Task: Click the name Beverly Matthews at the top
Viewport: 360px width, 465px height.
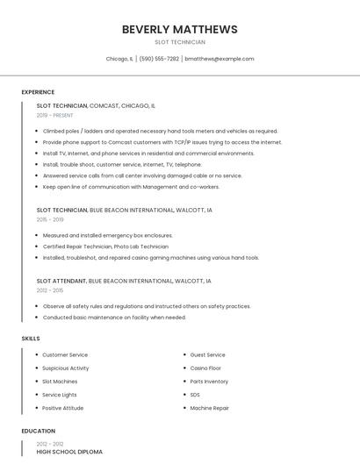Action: click(x=179, y=29)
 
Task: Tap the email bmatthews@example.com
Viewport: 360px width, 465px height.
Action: click(x=220, y=59)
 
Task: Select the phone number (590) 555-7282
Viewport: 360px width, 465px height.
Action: click(x=159, y=59)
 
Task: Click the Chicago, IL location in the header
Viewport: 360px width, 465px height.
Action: click(x=119, y=59)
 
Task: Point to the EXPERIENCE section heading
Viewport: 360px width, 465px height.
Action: click(x=38, y=92)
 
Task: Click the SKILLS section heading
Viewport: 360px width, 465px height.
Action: click(x=31, y=338)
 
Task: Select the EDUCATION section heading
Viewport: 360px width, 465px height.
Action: click(x=39, y=431)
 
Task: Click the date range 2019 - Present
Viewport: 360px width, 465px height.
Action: click(x=54, y=115)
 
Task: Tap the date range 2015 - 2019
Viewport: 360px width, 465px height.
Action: click(x=50, y=219)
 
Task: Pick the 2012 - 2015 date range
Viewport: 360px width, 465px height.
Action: click(x=50, y=290)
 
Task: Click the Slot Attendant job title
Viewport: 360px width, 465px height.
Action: click(x=61, y=280)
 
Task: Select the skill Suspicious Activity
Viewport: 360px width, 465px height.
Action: click(x=66, y=368)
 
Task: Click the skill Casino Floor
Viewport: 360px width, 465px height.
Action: click(x=205, y=368)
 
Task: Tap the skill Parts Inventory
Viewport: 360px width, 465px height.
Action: click(x=209, y=381)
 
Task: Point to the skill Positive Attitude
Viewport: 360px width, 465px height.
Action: click(x=63, y=407)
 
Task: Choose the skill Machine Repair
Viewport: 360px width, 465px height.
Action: click(x=210, y=407)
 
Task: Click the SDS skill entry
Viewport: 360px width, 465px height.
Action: click(x=195, y=394)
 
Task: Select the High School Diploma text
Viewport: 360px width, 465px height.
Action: click(x=69, y=451)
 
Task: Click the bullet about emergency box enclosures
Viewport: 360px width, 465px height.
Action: click(x=107, y=235)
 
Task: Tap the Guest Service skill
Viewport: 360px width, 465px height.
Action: click(x=207, y=354)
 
